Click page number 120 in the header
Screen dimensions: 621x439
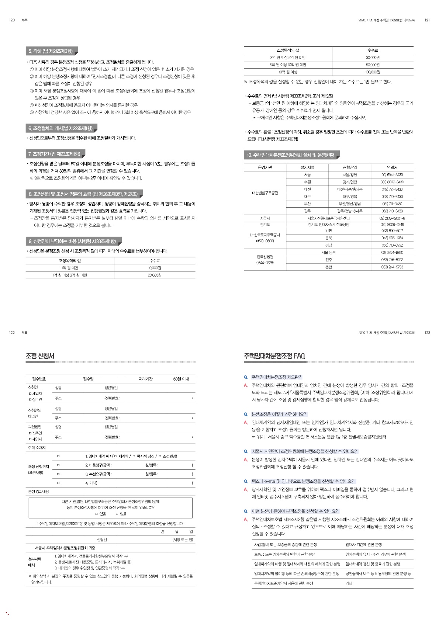12,20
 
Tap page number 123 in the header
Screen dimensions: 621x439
427,333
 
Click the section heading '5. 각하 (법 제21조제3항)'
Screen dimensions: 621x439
51,51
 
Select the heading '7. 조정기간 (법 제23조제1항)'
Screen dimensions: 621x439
54,154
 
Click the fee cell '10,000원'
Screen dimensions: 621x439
155,268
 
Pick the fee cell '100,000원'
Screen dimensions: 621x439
373,72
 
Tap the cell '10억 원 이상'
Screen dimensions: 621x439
288,72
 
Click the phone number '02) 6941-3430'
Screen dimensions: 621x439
392,175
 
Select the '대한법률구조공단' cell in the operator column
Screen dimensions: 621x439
265,193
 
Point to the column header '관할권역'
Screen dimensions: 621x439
350,167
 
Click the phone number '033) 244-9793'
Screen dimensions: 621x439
392,267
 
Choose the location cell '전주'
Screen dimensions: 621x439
328,260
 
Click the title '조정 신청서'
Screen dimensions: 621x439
40,356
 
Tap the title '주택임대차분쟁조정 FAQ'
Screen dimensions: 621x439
274,356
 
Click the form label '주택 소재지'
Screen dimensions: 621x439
37,448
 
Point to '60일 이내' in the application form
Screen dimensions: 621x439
181,379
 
